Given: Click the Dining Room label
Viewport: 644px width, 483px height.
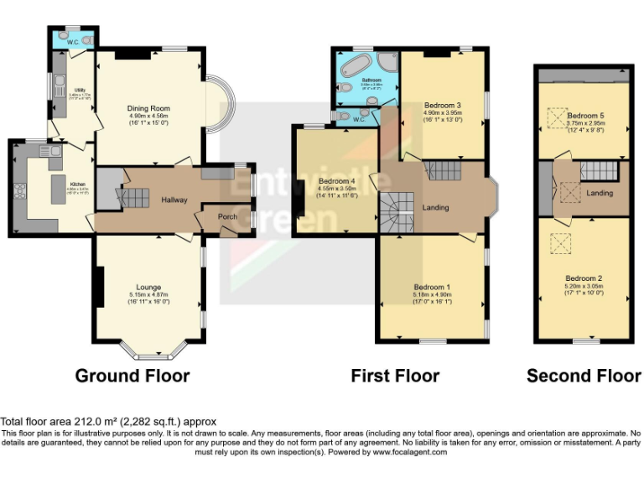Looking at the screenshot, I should (x=148, y=108).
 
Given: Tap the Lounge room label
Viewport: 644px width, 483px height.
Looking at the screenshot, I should (x=149, y=288).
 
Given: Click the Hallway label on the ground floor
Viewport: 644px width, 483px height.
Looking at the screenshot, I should (x=174, y=200).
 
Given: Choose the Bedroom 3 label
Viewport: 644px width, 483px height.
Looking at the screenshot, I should (x=443, y=106).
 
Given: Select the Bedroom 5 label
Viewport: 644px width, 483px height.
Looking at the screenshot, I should (x=584, y=115).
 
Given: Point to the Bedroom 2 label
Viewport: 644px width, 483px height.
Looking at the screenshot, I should (x=584, y=278).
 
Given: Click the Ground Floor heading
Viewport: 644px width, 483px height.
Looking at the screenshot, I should (x=132, y=376).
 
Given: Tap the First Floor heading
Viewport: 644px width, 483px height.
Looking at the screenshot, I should (x=395, y=376).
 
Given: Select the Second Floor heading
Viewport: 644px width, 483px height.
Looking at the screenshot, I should (x=584, y=376).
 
